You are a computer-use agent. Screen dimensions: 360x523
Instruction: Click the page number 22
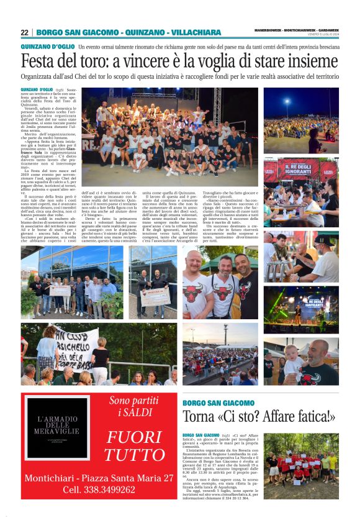pyautogui.click(x=24, y=32)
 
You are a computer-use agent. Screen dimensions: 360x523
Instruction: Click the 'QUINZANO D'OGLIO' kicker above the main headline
pyautogui.click(x=47, y=47)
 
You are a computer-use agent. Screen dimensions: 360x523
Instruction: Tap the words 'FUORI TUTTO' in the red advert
pyautogui.click(x=133, y=445)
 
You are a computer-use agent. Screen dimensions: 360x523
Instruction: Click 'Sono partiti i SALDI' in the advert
pyautogui.click(x=135, y=406)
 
